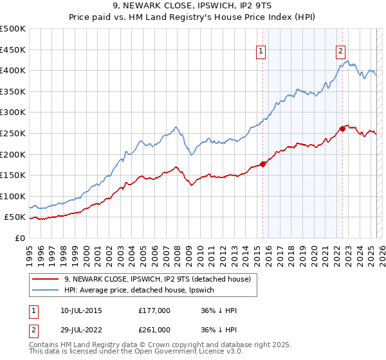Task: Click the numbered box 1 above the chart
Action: click(x=261, y=53)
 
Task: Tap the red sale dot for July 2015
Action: click(x=262, y=163)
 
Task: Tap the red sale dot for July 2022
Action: click(x=342, y=129)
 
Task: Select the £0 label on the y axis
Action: click(x=19, y=238)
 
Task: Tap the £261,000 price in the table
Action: click(x=154, y=329)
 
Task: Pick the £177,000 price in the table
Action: click(x=154, y=310)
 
